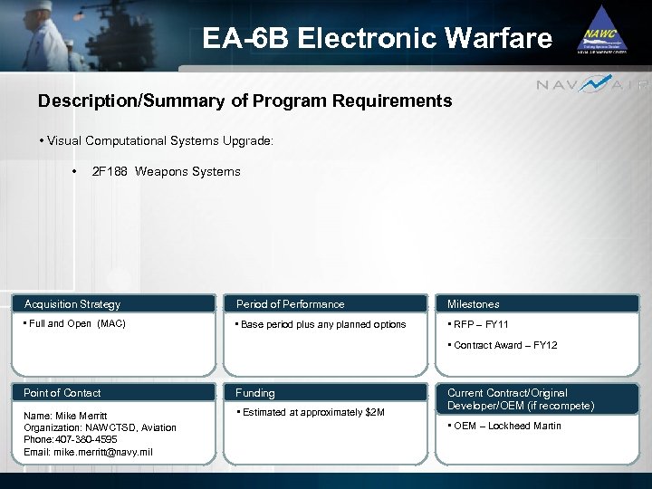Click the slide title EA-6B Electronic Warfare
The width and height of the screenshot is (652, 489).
pyautogui.click(x=377, y=38)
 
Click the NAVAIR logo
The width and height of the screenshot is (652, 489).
pyautogui.click(x=592, y=85)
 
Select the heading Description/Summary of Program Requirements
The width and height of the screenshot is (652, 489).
pyautogui.click(x=244, y=101)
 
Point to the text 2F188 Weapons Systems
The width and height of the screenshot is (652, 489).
pyautogui.click(x=167, y=171)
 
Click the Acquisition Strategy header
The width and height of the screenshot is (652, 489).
pyautogui.click(x=72, y=304)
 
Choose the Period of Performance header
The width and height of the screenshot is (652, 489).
pyautogui.click(x=290, y=304)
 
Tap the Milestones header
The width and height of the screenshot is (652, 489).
pyautogui.click(x=473, y=304)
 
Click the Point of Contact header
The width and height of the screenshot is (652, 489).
pyautogui.click(x=62, y=393)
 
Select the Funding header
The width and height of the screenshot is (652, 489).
pyautogui.click(x=255, y=393)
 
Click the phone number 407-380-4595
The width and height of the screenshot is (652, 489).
pyautogui.click(x=86, y=439)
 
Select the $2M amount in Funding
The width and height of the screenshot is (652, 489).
pyautogui.click(x=374, y=413)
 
